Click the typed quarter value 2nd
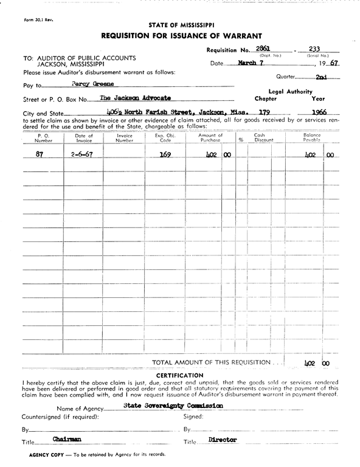point(321,77)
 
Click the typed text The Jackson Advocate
point(135,97)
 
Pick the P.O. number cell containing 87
point(40,154)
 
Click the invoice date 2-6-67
point(81,154)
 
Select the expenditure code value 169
point(165,154)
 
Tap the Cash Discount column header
point(264,137)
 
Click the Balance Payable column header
point(312,137)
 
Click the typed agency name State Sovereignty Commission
point(173,405)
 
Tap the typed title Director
point(222,439)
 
